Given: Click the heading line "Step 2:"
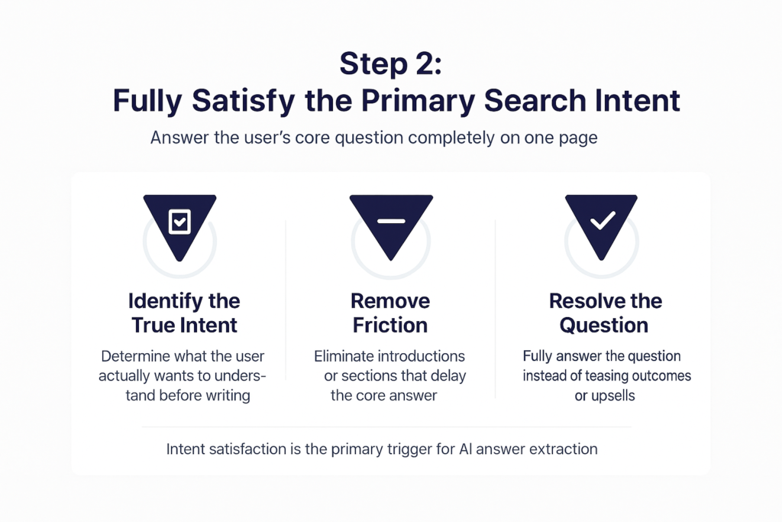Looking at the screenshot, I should (390, 65).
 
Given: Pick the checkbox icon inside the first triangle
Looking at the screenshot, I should (179, 222).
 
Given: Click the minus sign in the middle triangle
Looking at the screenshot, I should (391, 221).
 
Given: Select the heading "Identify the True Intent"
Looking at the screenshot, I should (184, 313).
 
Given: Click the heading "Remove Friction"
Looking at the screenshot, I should (390, 313).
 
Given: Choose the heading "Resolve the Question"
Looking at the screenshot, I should (603, 313).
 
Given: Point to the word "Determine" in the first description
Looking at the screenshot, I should (137, 357).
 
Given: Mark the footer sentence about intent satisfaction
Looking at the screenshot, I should (382, 449).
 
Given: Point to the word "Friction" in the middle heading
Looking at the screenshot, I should (390, 325).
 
